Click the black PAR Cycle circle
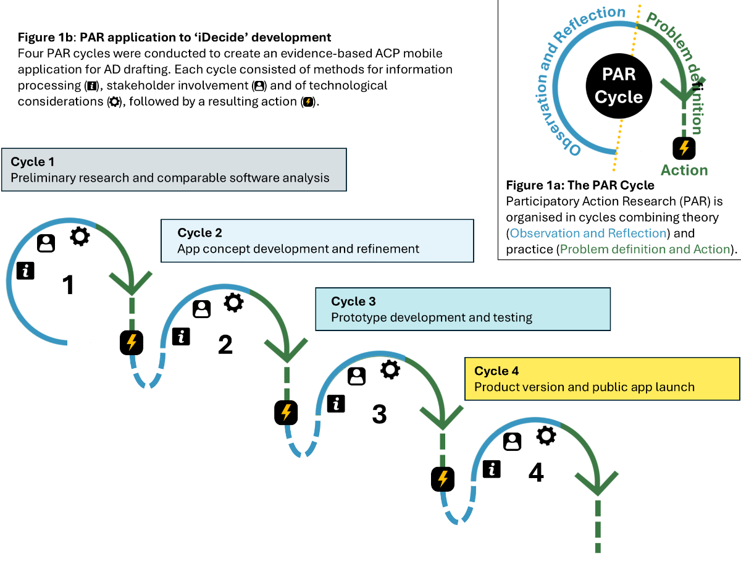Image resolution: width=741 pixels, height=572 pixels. (x=619, y=86)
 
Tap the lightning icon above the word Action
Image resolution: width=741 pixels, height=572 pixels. (x=684, y=148)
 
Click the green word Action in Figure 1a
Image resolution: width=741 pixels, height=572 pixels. (x=684, y=170)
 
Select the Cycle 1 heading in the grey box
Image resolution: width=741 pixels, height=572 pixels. (x=32, y=162)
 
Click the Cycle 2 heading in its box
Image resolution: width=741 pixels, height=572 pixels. (x=199, y=233)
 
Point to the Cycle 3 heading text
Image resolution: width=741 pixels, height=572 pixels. (x=353, y=301)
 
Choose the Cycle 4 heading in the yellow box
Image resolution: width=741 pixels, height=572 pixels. (x=496, y=371)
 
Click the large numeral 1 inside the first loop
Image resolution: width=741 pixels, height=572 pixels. (x=68, y=285)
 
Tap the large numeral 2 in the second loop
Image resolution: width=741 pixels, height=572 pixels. (x=225, y=344)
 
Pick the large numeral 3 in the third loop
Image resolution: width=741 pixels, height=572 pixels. (x=379, y=414)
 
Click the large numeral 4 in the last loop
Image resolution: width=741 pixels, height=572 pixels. (x=536, y=473)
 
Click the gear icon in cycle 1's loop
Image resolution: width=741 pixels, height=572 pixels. (x=80, y=236)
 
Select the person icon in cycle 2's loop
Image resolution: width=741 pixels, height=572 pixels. (x=201, y=309)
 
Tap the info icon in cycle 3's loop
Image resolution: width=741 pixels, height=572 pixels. (x=336, y=404)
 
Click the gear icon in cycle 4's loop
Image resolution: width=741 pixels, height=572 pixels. (x=546, y=435)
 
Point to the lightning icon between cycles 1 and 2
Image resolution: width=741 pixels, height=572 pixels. (x=132, y=342)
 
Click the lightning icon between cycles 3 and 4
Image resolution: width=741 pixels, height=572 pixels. (x=443, y=479)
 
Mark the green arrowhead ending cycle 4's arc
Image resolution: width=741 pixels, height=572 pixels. (x=598, y=484)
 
